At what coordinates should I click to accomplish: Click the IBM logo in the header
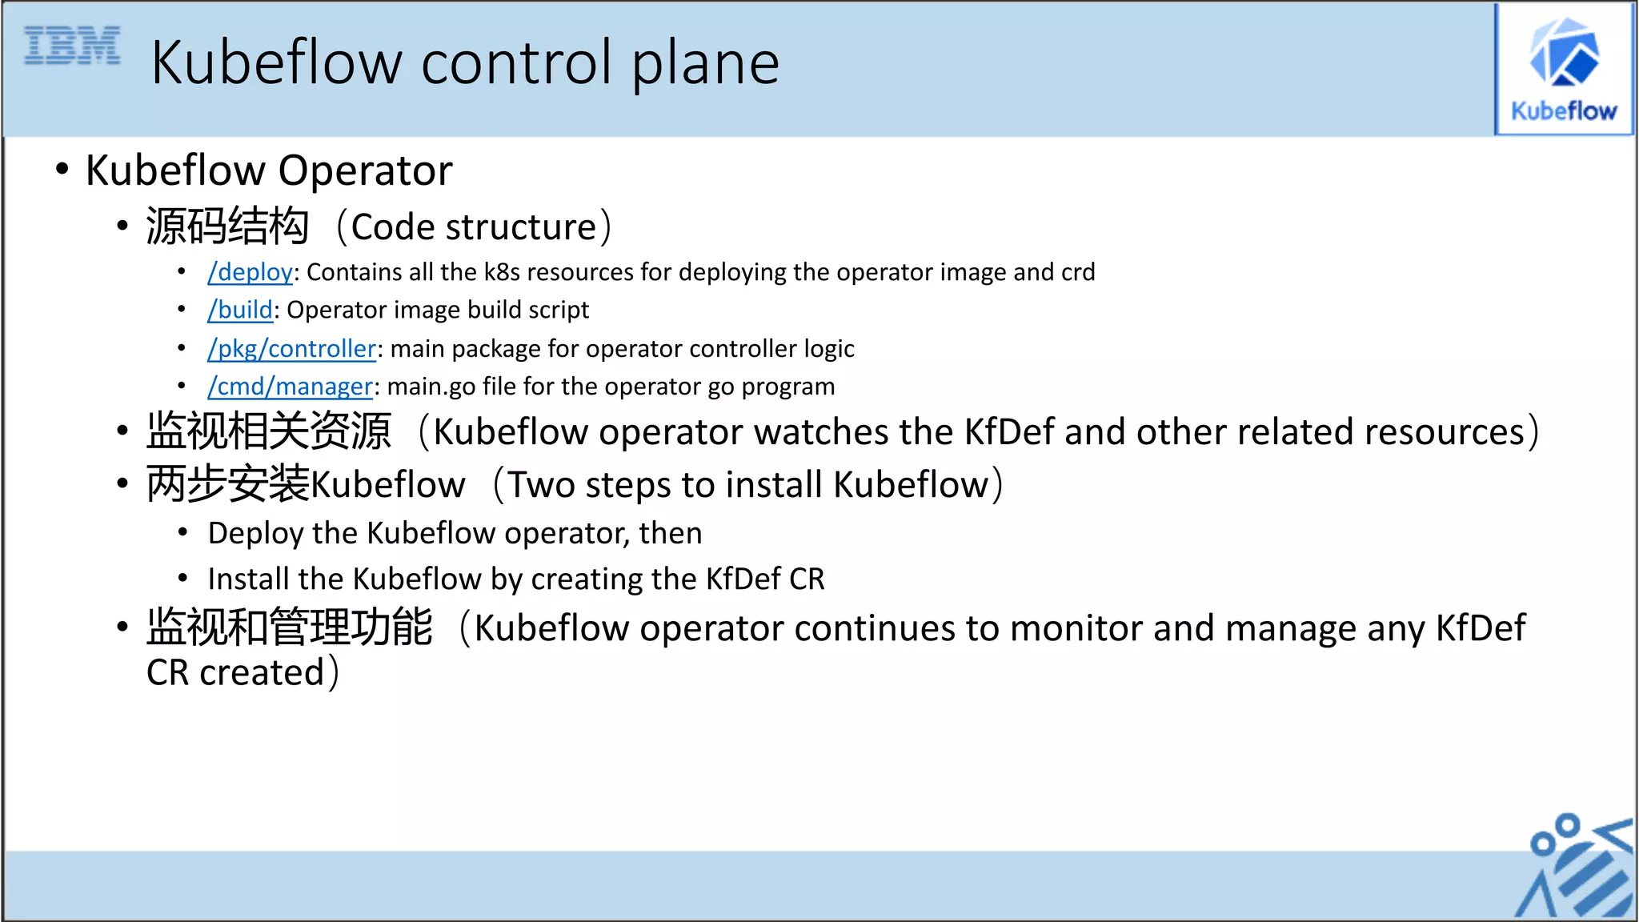(72, 45)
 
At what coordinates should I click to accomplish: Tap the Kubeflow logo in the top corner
(1564, 70)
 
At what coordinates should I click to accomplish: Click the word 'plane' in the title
(705, 64)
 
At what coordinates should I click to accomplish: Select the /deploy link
(250, 272)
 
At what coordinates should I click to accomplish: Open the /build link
(240, 310)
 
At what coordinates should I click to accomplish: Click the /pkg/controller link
(291, 348)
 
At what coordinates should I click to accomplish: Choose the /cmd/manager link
(290, 387)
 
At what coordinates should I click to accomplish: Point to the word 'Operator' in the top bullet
(365, 170)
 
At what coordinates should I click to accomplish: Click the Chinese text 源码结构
(227, 226)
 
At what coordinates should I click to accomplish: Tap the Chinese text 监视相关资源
(269, 431)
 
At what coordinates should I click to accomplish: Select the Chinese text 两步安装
(227, 484)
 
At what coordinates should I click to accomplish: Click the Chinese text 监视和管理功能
(290, 627)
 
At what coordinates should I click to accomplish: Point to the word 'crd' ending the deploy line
(1077, 272)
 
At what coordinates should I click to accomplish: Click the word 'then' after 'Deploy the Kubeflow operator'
(670, 533)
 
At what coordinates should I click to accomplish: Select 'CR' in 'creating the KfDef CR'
(807, 579)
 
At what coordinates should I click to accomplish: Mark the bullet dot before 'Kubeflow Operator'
(62, 170)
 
